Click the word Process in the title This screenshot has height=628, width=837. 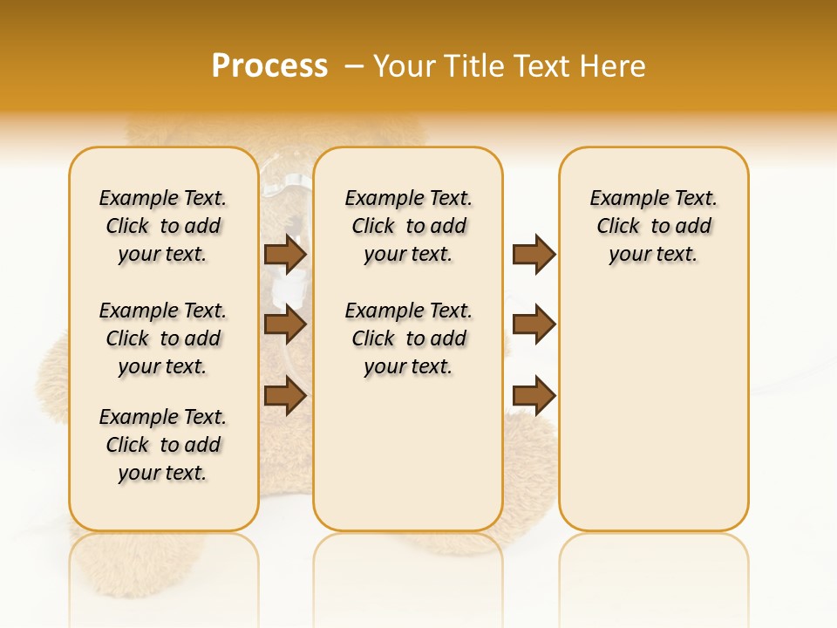(269, 66)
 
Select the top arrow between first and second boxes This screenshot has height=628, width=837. (285, 254)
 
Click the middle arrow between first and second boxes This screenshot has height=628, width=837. (285, 324)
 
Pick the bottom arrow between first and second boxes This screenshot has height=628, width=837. (285, 395)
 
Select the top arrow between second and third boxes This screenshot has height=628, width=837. (534, 254)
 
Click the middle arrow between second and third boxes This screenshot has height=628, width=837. (534, 324)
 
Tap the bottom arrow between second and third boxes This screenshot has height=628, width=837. (534, 395)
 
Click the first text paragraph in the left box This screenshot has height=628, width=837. (163, 226)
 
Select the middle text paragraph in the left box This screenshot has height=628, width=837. (163, 338)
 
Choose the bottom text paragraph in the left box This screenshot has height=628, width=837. (163, 445)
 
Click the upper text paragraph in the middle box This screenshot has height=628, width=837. (408, 226)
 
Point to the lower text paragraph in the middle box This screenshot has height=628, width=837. (408, 338)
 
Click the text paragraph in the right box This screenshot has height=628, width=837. (654, 226)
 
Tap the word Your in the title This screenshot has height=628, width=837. (405, 66)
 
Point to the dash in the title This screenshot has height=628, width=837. (354, 66)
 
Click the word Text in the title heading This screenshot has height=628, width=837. (539, 66)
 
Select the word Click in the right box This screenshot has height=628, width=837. (618, 227)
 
